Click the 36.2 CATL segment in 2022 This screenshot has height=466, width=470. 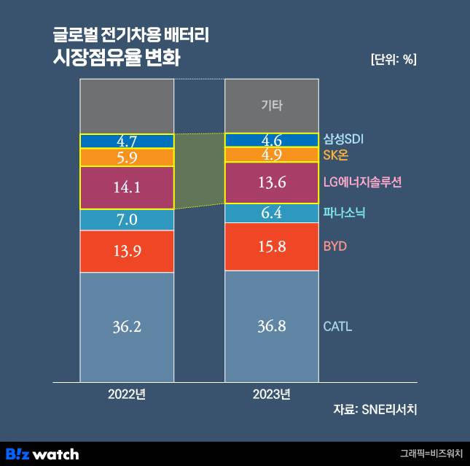127,327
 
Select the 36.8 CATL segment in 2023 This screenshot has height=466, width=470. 271,326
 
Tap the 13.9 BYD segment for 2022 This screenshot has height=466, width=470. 127,251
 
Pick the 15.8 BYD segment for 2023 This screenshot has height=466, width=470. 271,246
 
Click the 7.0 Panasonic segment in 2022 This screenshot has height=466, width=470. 127,220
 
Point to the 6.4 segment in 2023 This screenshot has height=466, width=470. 271,213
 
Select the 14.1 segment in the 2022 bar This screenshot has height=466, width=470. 127,187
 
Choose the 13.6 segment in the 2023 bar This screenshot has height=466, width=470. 271,183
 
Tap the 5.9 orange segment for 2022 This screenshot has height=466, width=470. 127,158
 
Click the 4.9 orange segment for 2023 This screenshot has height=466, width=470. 271,155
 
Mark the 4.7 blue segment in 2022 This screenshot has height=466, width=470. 127,141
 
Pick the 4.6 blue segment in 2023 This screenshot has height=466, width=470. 271,140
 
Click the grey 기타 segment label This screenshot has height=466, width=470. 271,106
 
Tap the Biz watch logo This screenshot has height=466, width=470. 42,454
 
